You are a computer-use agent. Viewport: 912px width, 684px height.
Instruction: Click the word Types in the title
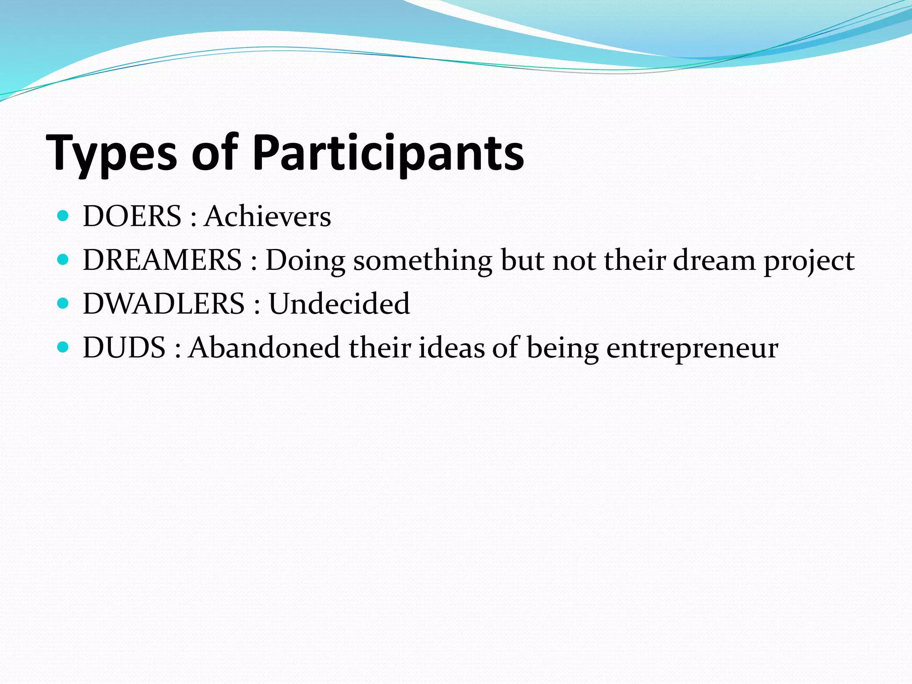point(111,154)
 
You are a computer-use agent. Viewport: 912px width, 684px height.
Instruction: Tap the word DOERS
point(132,216)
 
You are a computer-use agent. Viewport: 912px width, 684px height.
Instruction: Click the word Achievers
point(268,216)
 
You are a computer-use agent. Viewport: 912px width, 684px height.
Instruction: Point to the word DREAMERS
point(162,260)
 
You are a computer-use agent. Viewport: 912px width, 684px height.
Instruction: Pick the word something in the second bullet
point(422,260)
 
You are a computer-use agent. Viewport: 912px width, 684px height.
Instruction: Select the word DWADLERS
point(163,304)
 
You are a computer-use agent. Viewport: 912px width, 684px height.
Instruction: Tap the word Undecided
point(339,304)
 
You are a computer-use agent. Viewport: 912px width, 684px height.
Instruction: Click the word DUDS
point(124,347)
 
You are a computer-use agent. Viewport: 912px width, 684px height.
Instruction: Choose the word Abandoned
point(265,347)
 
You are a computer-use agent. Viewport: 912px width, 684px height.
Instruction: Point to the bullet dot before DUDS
point(63,347)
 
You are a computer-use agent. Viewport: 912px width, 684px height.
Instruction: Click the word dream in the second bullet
point(714,260)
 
